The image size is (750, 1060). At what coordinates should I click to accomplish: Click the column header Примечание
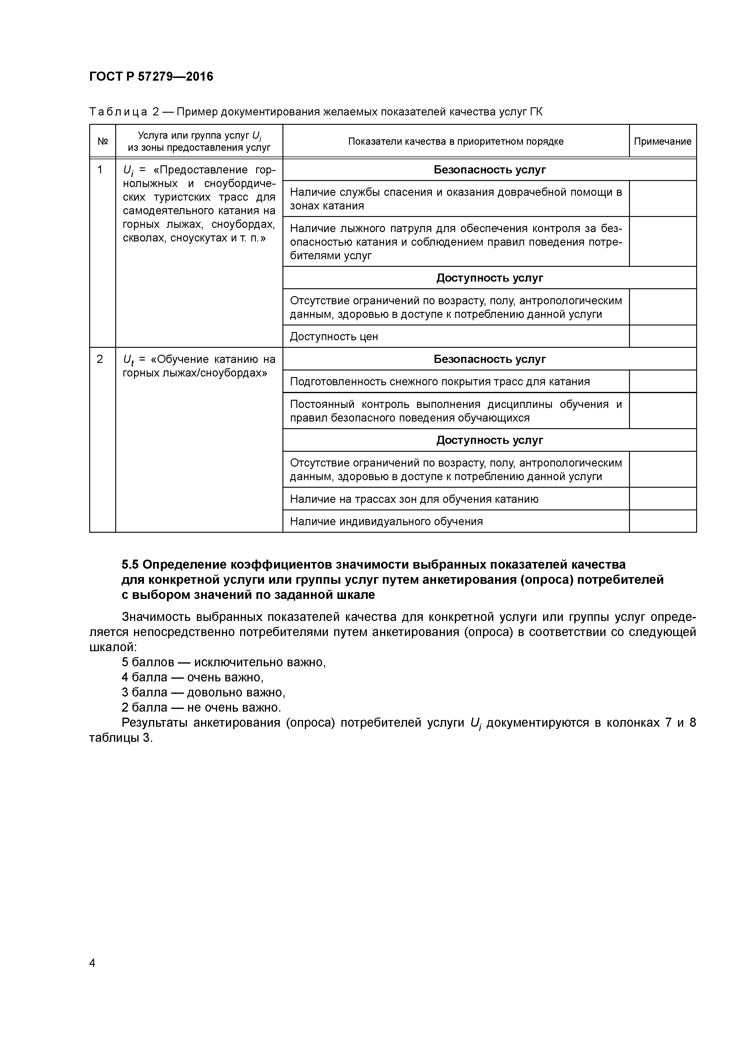click(662, 141)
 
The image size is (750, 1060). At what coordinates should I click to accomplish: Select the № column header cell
click(103, 141)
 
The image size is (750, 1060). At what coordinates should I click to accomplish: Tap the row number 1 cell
click(100, 170)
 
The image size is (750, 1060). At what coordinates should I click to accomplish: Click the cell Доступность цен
click(334, 337)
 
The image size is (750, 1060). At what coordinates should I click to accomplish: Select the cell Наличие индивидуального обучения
click(386, 521)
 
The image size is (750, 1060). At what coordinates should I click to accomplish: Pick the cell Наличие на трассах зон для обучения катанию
click(414, 499)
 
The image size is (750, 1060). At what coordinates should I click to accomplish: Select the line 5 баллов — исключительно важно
click(224, 662)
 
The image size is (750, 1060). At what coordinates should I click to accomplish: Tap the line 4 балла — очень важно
click(192, 678)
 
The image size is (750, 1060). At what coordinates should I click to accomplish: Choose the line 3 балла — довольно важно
click(203, 693)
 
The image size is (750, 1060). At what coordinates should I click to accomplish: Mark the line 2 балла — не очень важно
click(201, 708)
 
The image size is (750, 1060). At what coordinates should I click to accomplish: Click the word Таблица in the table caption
click(118, 112)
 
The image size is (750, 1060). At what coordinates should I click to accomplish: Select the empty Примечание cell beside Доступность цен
click(662, 337)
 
